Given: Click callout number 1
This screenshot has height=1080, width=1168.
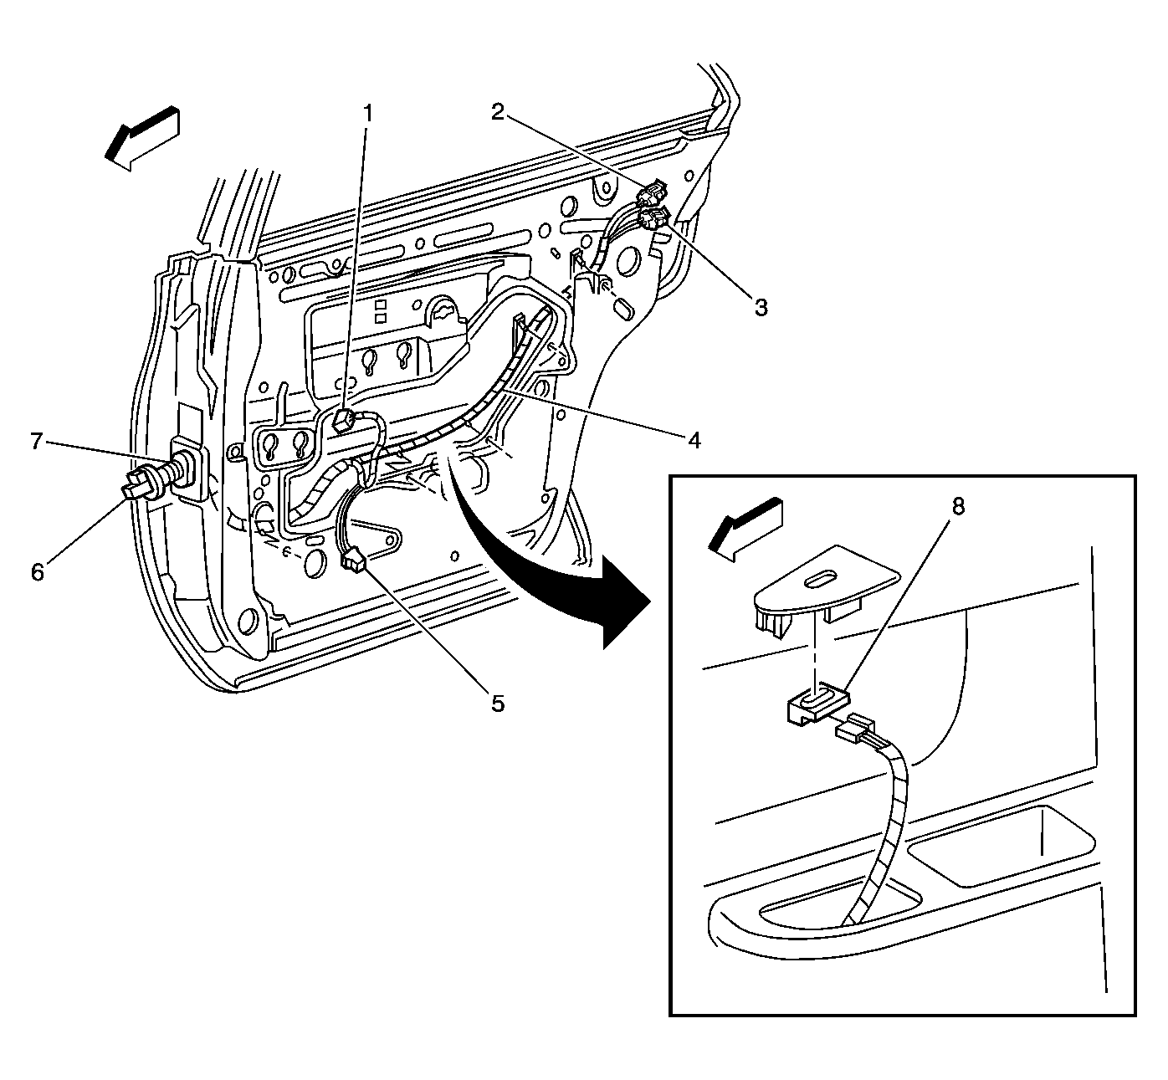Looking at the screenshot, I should (x=366, y=113).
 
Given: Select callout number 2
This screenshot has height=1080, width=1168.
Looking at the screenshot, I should (x=498, y=112).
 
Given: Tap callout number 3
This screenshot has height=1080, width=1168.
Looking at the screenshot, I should (x=760, y=307).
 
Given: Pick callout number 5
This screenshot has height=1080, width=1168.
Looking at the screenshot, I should (x=497, y=704).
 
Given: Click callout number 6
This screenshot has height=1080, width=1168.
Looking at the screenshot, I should (x=37, y=572).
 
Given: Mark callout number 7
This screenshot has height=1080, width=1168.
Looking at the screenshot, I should (x=37, y=441).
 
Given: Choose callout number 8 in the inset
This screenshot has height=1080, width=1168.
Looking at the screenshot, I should (x=958, y=506).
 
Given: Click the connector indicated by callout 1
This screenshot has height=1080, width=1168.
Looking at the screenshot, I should (x=344, y=419).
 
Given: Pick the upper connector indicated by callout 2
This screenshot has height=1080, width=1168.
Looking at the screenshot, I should (x=650, y=196).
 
